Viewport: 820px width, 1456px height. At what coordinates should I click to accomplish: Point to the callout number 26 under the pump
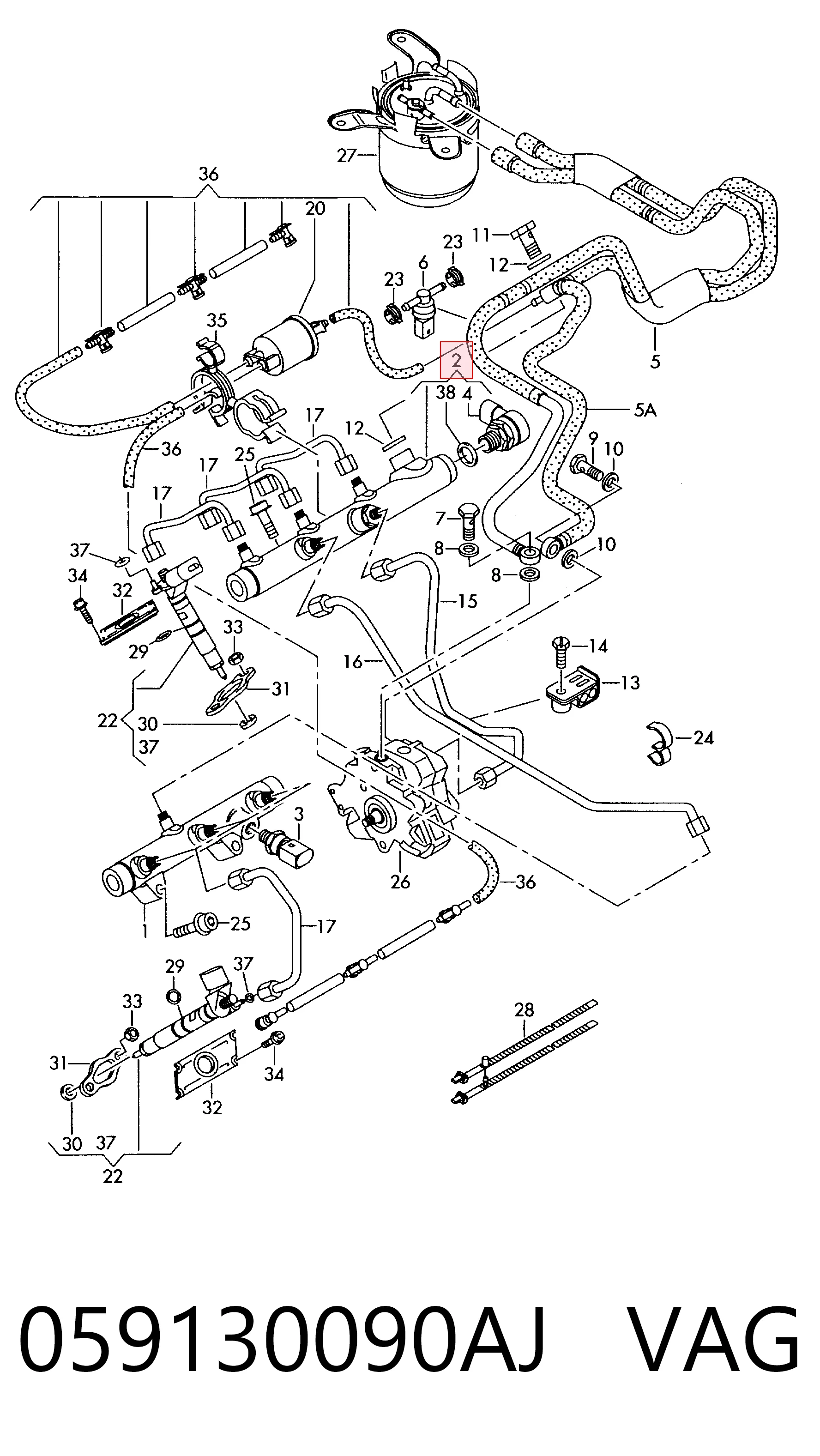tap(400, 881)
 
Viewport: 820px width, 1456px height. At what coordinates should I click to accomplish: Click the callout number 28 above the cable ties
tap(524, 1009)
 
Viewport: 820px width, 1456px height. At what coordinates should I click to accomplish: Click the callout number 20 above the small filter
tap(315, 209)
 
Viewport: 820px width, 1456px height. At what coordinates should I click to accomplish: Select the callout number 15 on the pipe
tap(467, 601)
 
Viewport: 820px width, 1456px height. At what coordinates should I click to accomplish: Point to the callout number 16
tap(353, 661)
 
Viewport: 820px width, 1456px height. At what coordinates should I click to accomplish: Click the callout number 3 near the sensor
tap(299, 815)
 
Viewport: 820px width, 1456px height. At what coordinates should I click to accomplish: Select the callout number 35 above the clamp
tap(217, 320)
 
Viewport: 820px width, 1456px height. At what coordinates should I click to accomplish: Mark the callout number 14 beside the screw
tap(598, 646)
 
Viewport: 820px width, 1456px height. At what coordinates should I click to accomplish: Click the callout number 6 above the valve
tap(423, 262)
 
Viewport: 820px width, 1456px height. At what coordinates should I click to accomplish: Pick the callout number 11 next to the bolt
tap(481, 235)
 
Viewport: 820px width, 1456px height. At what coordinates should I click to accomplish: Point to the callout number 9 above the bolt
tap(593, 438)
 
